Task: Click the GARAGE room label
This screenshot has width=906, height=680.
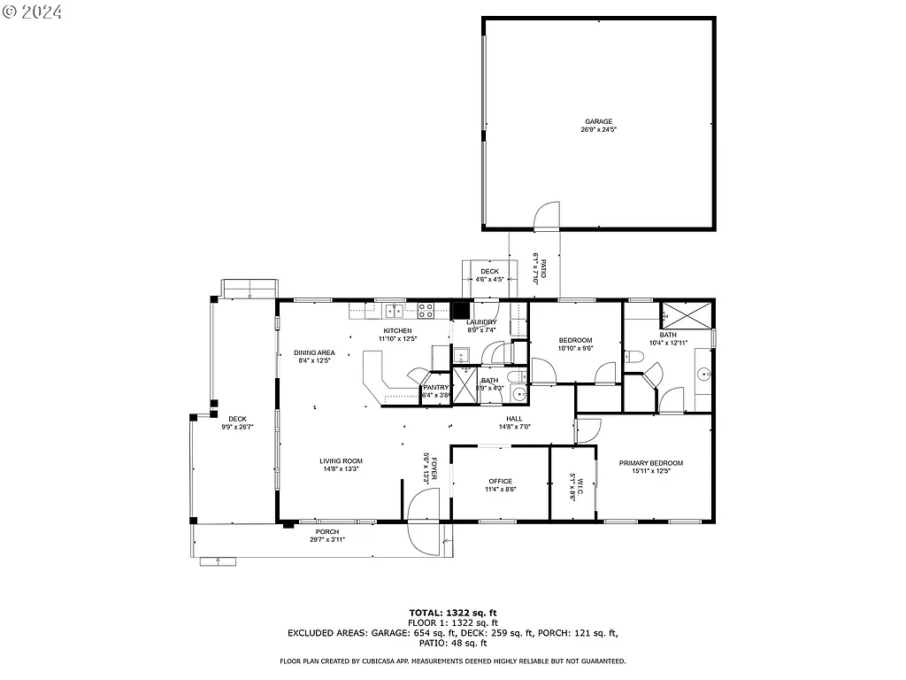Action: (x=598, y=121)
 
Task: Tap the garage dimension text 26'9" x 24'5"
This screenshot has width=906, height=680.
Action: (x=598, y=130)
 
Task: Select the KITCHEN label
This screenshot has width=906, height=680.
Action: (x=397, y=330)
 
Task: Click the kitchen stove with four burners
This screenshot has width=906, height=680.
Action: (x=425, y=310)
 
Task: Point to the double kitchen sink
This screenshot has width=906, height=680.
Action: (x=393, y=310)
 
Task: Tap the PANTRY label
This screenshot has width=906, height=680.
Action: (x=436, y=387)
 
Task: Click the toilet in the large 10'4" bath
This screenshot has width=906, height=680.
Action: (x=633, y=357)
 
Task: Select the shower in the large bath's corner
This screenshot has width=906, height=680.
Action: (x=687, y=313)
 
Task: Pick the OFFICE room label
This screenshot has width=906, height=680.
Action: (x=500, y=482)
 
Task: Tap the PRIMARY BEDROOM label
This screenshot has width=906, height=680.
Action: (x=651, y=463)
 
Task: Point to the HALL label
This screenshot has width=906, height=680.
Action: (x=514, y=419)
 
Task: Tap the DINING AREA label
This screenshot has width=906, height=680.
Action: (x=314, y=352)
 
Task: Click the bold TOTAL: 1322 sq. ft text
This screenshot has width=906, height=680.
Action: (x=453, y=612)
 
